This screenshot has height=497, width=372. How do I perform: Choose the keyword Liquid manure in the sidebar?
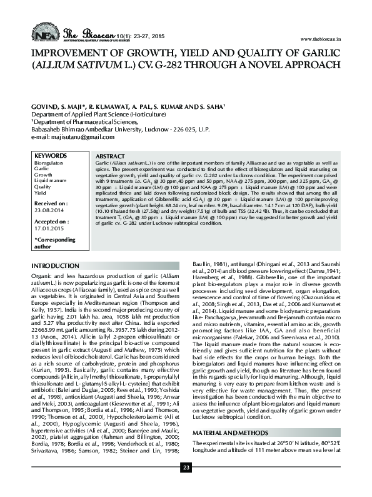[51, 180]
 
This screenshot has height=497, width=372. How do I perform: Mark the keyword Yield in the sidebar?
[39, 192]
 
